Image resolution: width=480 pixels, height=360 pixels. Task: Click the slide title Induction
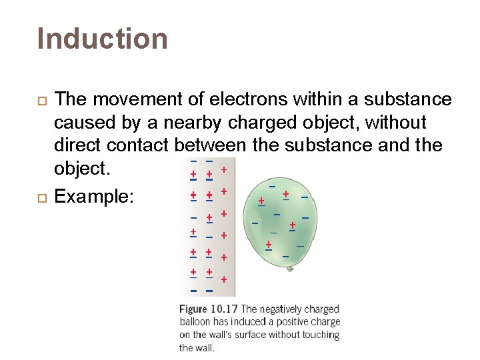[x=103, y=39]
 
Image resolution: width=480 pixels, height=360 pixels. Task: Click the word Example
[x=93, y=197]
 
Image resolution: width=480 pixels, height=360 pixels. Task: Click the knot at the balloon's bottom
[x=290, y=269]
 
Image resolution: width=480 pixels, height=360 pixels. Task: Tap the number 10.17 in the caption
[x=224, y=309]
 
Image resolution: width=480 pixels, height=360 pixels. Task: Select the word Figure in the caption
[x=193, y=309]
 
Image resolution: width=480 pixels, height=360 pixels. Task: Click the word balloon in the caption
[x=195, y=322]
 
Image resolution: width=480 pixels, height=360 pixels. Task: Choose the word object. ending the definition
[x=81, y=169]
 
